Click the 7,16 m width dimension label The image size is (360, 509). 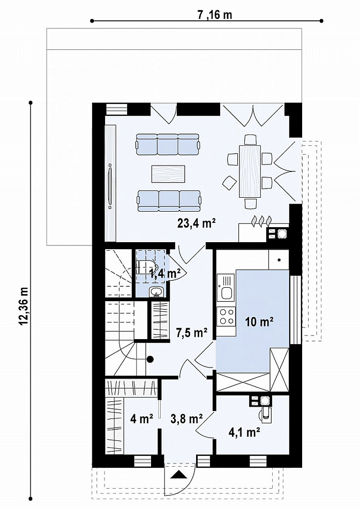[215, 14]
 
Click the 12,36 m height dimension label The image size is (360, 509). [24, 306]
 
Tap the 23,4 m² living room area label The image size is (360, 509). [197, 223]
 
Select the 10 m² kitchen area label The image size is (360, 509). [259, 322]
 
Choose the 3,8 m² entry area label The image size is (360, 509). [186, 419]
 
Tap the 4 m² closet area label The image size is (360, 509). [141, 419]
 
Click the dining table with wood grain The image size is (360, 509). [250, 171]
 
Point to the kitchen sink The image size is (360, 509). [226, 287]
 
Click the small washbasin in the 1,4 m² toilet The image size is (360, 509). [157, 292]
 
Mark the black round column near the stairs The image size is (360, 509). [150, 360]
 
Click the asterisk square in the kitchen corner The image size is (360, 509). [279, 260]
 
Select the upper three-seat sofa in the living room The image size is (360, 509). [168, 144]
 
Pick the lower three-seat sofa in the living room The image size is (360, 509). [169, 200]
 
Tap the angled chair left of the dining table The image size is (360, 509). [229, 183]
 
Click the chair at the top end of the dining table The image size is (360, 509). [250, 139]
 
